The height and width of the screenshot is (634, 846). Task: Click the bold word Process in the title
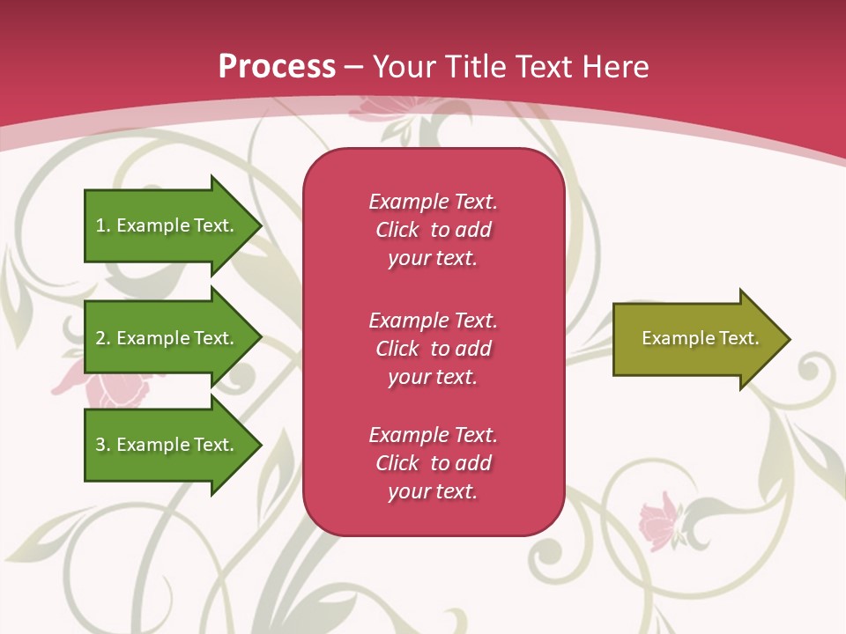(277, 67)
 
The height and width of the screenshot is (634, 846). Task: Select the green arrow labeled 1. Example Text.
(167, 225)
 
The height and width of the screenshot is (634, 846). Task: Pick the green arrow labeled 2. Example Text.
(167, 338)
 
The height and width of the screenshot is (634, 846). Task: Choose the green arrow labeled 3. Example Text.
(167, 445)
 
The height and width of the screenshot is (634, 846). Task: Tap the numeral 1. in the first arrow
(102, 225)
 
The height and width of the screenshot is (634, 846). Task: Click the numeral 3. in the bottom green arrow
(102, 445)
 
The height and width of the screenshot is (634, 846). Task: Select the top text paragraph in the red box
(433, 230)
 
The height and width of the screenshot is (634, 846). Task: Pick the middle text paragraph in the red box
(433, 349)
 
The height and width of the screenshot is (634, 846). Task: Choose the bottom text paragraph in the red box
(433, 463)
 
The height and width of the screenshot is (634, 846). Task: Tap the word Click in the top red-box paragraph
(397, 231)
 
